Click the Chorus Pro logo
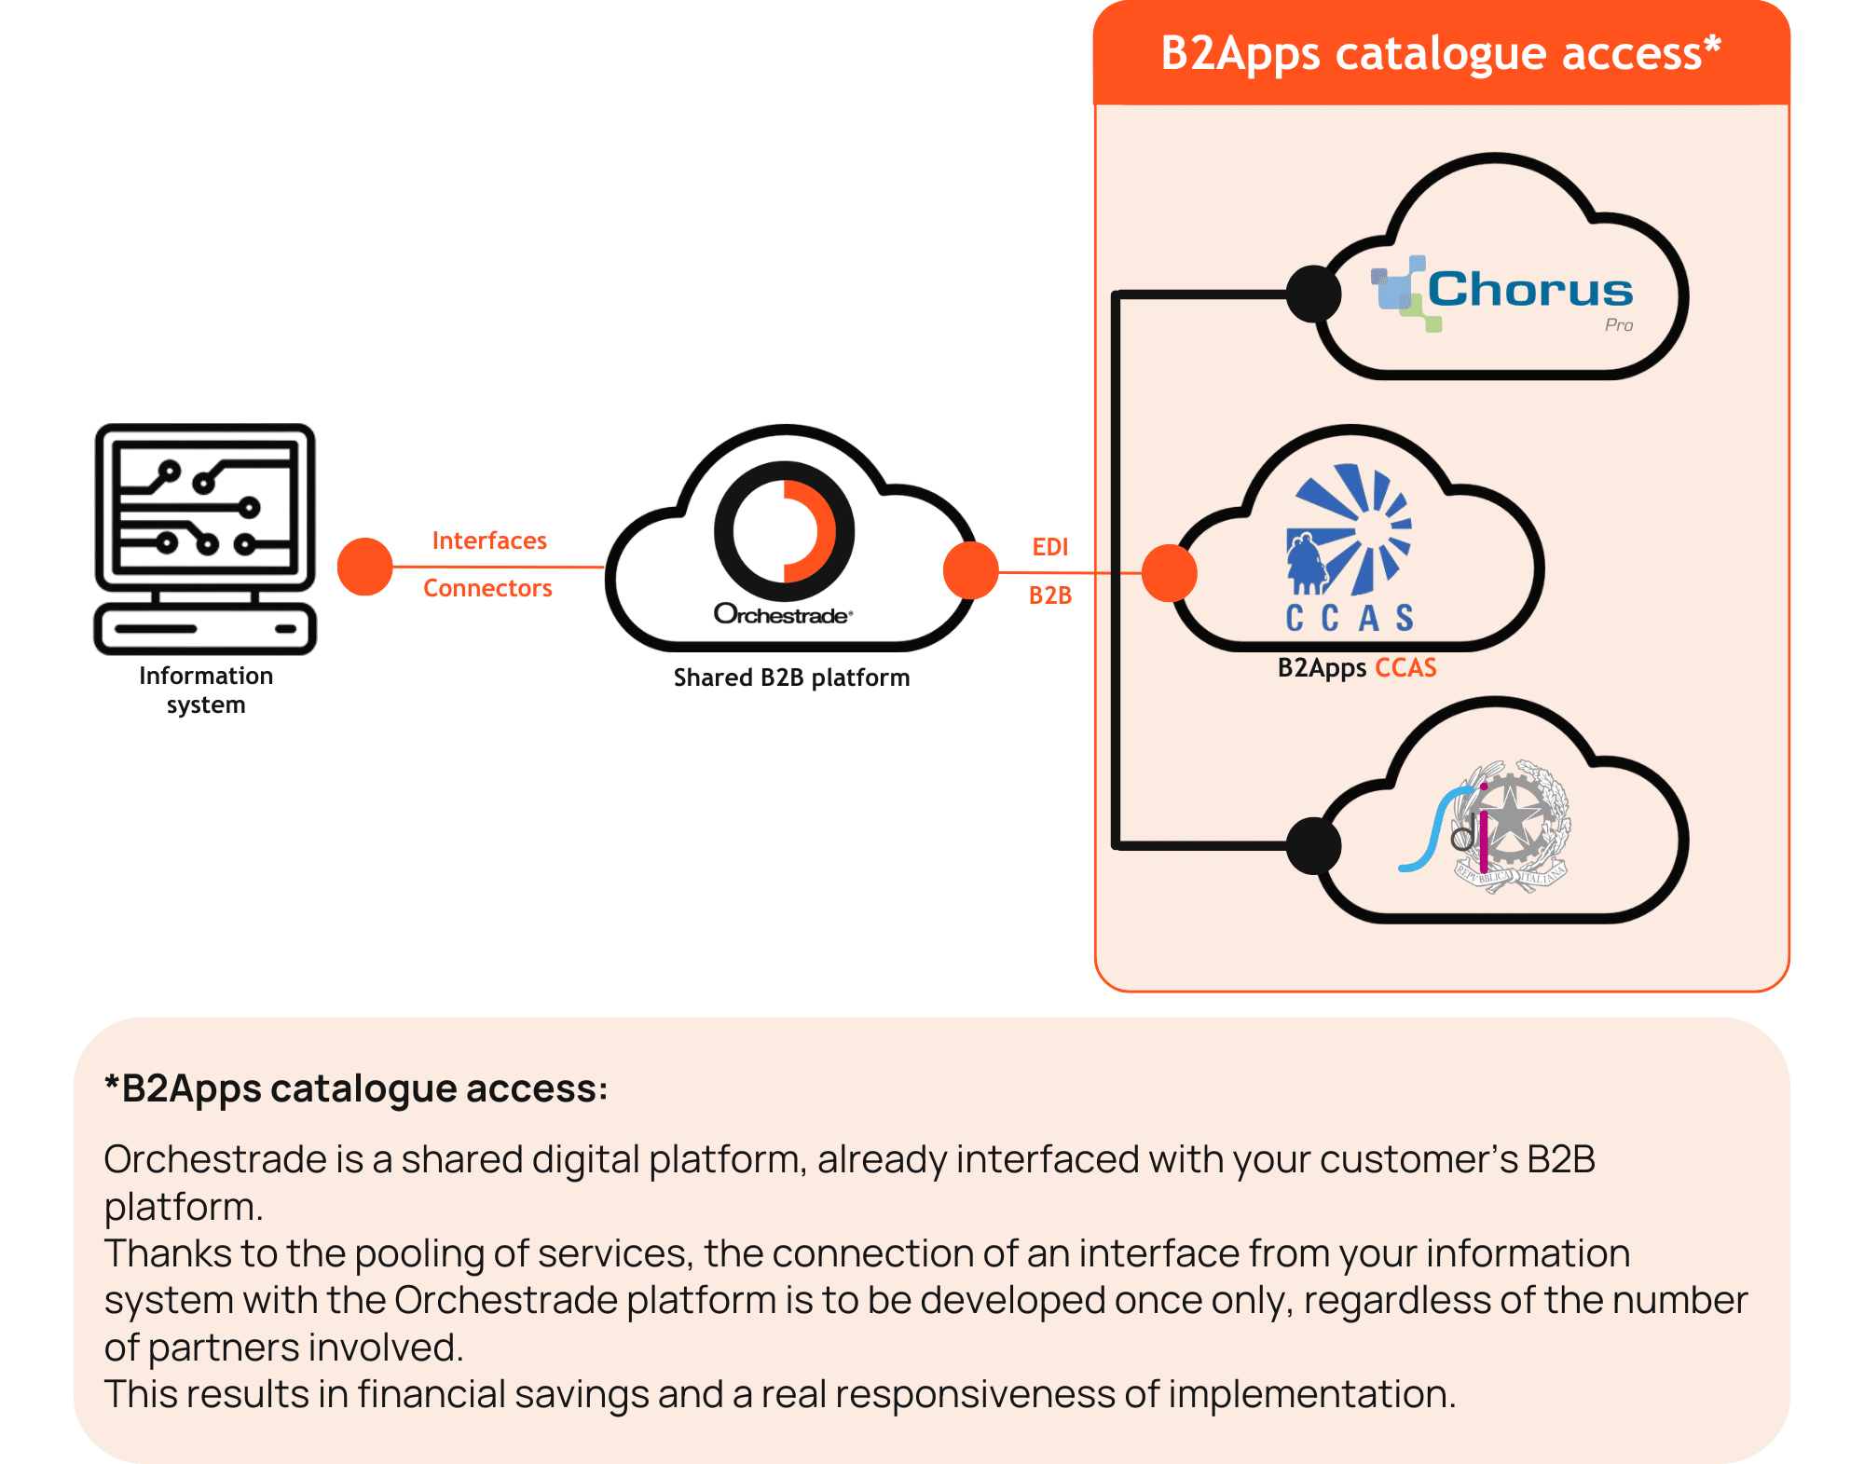tap(1502, 293)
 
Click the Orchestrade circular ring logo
tap(784, 530)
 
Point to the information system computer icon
tap(205, 538)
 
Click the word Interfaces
tap(489, 541)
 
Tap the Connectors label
tap(487, 589)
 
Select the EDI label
tap(1049, 547)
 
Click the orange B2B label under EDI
tap(1049, 595)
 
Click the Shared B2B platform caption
tap(791, 677)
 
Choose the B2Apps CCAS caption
tap(1356, 668)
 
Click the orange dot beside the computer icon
tap(364, 567)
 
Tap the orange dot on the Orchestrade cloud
tap(970, 571)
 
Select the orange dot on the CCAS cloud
tap(1169, 573)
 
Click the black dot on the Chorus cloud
tap(1313, 294)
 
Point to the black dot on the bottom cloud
tap(1313, 845)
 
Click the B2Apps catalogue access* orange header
tap(1440, 54)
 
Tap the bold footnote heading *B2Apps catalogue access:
tap(355, 1088)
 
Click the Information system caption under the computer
tap(206, 690)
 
